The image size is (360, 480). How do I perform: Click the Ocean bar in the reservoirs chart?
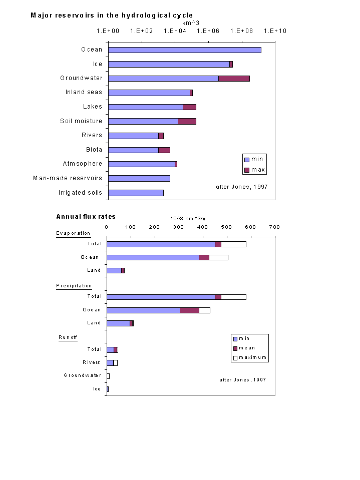(x=185, y=50)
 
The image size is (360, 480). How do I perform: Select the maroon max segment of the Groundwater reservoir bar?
(x=234, y=79)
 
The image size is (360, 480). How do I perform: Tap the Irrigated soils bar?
(x=136, y=193)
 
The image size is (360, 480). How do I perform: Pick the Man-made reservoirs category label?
(x=68, y=178)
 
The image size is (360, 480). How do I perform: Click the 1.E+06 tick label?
(x=208, y=31)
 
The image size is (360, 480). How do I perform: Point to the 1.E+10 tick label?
(x=275, y=31)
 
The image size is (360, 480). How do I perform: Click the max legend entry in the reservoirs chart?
(x=255, y=170)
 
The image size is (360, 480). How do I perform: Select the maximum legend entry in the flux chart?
(x=250, y=357)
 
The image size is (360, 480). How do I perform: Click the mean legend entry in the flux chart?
(x=244, y=348)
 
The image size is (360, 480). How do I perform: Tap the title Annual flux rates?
(x=86, y=217)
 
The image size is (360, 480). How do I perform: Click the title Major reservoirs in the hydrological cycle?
(x=112, y=16)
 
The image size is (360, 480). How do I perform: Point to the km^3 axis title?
(x=191, y=23)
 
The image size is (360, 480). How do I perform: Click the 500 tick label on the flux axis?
(x=226, y=227)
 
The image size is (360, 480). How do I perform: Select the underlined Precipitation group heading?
(x=74, y=286)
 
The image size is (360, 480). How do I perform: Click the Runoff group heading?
(x=68, y=337)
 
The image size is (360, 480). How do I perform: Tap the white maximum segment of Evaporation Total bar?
(x=233, y=244)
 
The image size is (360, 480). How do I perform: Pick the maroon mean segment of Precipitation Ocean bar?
(x=189, y=310)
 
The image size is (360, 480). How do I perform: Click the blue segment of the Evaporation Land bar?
(x=114, y=271)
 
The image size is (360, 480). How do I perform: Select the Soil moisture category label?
(x=81, y=121)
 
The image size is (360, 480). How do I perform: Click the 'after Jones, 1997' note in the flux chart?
(x=243, y=380)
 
